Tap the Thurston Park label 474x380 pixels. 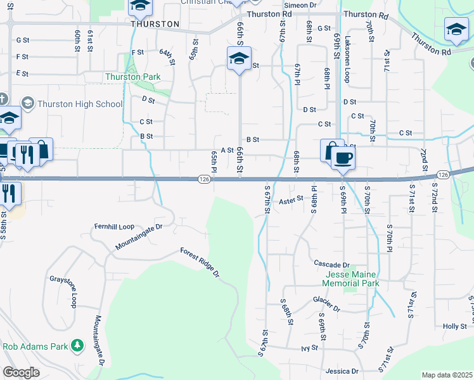click(x=132, y=77)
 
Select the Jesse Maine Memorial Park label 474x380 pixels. click(x=352, y=279)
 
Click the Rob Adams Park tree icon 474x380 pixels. click(x=77, y=346)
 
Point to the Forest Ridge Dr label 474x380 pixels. click(x=200, y=263)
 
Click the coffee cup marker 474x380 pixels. click(x=343, y=158)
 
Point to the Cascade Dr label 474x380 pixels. click(x=332, y=263)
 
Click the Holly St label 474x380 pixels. click(x=455, y=326)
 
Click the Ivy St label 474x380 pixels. click(x=309, y=348)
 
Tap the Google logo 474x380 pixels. click(x=21, y=372)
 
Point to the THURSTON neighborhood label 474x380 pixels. click(x=155, y=24)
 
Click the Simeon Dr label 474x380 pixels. click(x=304, y=4)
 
